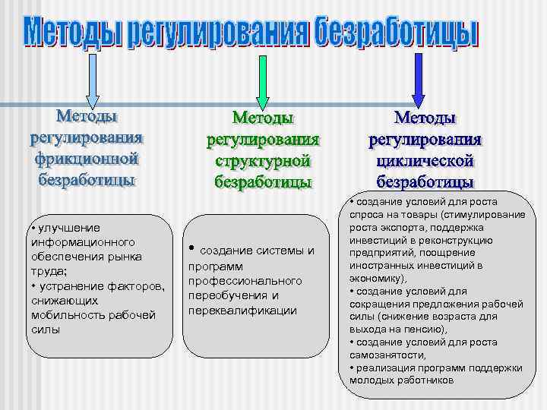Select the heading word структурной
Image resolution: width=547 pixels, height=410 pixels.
point(263,162)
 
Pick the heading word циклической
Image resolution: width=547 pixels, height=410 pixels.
point(425,162)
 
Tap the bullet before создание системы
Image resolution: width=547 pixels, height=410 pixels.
point(193,248)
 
